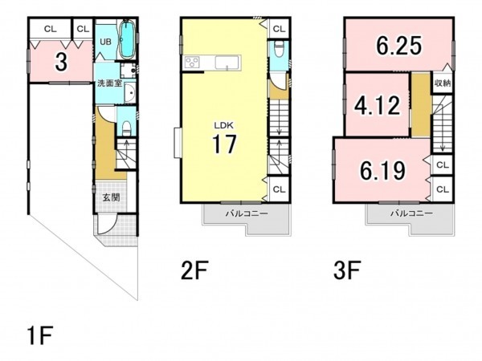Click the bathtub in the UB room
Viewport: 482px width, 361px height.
[127, 39]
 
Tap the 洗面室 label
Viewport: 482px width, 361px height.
[110, 83]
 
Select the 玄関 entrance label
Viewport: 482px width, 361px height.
[111, 197]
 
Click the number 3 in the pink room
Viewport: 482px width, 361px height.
[61, 62]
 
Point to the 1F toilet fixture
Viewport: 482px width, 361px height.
[126, 128]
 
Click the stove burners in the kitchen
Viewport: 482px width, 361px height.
[193, 63]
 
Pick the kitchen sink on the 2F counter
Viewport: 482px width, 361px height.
[227, 63]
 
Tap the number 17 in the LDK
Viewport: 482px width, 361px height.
[224, 144]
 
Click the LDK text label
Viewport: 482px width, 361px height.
[224, 125]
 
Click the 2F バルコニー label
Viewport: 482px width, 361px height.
[247, 213]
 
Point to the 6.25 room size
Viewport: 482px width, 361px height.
[399, 46]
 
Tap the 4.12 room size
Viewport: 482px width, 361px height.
[378, 105]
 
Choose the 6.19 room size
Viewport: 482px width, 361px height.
[382, 170]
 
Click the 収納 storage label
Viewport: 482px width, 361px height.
[443, 83]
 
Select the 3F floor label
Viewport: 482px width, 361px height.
[347, 270]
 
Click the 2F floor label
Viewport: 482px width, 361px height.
[195, 270]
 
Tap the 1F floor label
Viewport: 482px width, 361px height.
[40, 335]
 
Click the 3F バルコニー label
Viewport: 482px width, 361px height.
[411, 213]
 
